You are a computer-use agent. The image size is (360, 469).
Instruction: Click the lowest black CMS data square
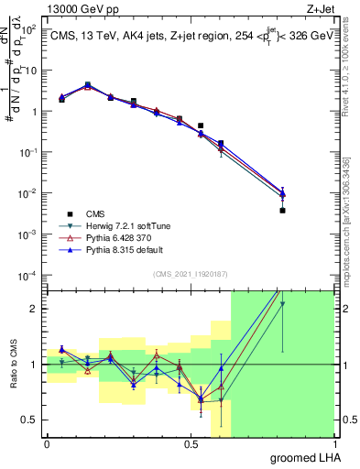pos(282,211)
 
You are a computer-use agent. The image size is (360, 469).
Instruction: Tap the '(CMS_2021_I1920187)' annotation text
pos(191,273)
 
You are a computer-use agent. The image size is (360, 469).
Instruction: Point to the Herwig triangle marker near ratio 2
pos(282,304)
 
